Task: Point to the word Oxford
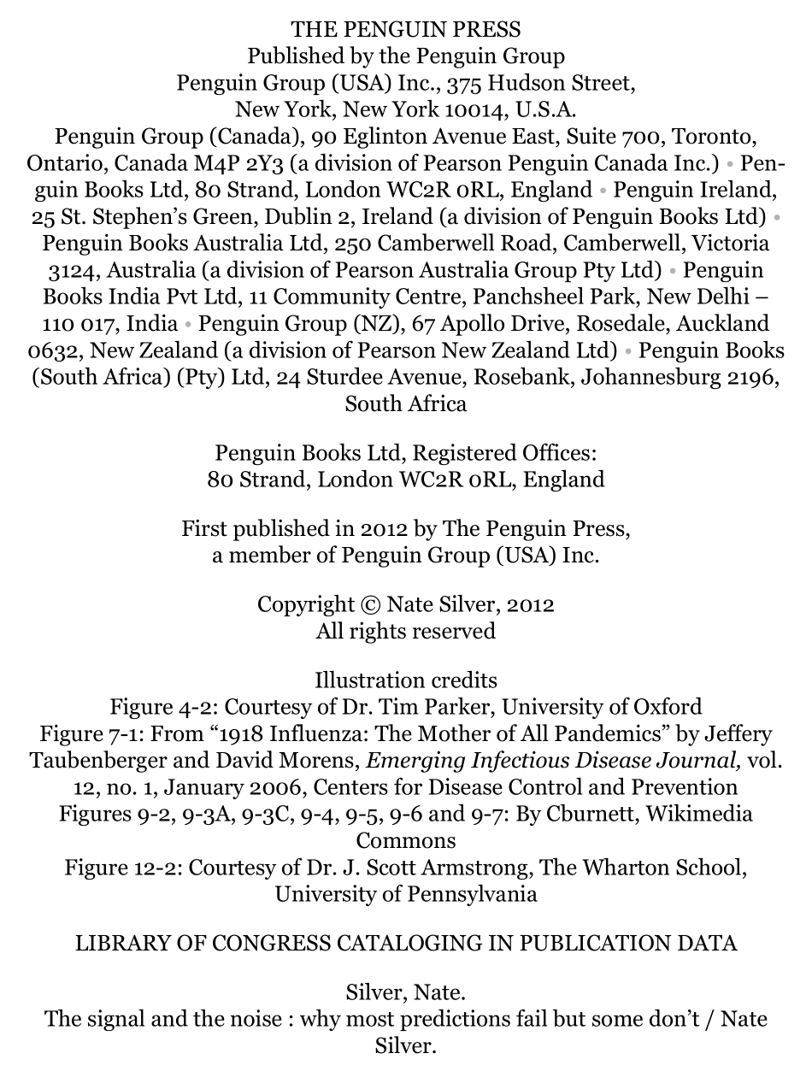coord(668,707)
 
